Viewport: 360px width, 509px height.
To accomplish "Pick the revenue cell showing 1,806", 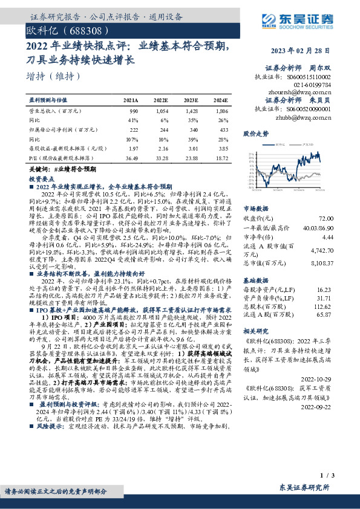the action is (x=221, y=112).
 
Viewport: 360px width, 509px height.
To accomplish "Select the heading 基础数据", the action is (x=255, y=282).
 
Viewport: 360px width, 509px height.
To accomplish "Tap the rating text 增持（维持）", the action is (x=54, y=76).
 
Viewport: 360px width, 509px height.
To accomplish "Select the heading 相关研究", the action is (x=255, y=332).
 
